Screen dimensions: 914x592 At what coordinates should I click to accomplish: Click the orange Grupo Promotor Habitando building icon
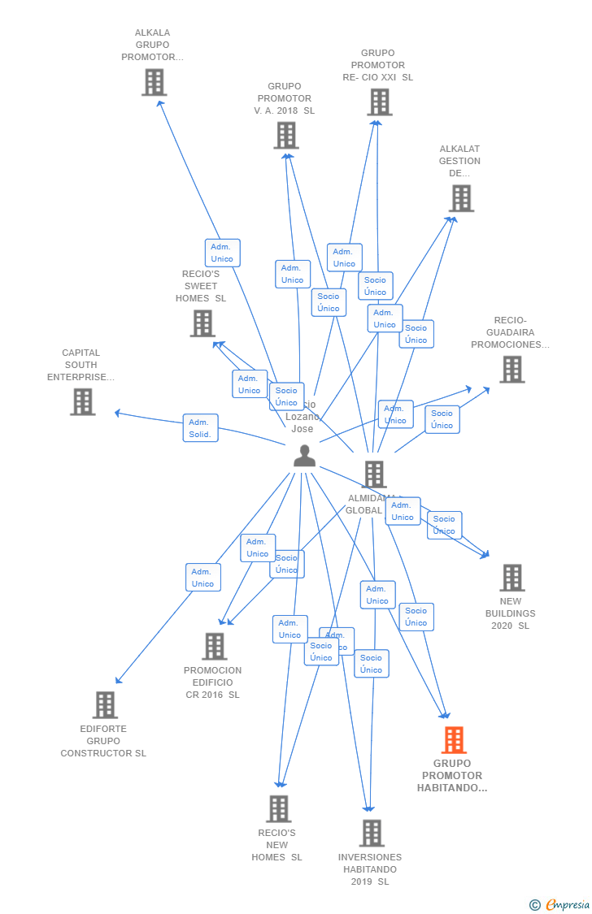coord(454,740)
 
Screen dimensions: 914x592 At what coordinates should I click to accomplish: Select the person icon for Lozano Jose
coord(304,456)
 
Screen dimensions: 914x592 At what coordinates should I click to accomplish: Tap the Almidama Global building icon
coord(374,474)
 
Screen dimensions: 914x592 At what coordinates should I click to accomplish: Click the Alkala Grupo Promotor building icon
coord(154,82)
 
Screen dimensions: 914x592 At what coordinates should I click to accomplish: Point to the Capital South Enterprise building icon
coord(82,401)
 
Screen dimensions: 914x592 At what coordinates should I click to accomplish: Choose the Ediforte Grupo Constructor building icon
coord(105,704)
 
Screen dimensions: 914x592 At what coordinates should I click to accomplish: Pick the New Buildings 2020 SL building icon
coord(511,578)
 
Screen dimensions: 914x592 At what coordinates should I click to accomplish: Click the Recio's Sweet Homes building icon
coord(202,323)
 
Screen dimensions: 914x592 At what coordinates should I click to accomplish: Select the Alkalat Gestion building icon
coord(461,198)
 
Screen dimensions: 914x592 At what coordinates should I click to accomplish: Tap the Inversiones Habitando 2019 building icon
coord(372,833)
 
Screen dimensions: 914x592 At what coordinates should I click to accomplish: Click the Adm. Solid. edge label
coord(200,428)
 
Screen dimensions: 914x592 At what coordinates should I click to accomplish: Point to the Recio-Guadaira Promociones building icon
coord(511,370)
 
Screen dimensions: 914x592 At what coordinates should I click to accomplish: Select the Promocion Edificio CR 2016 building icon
coord(214,646)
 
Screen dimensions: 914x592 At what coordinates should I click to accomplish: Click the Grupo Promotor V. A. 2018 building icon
coord(285,135)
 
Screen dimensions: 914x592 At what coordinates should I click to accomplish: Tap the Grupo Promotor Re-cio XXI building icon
coord(379,102)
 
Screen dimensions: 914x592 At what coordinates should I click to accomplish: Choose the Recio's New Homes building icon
coord(278,808)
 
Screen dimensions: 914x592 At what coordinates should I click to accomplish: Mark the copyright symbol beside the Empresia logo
coord(534,905)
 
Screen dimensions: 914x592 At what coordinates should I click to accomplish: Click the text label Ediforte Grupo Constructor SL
coord(103,741)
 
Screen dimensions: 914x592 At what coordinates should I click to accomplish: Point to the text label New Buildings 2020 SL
coord(511,613)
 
